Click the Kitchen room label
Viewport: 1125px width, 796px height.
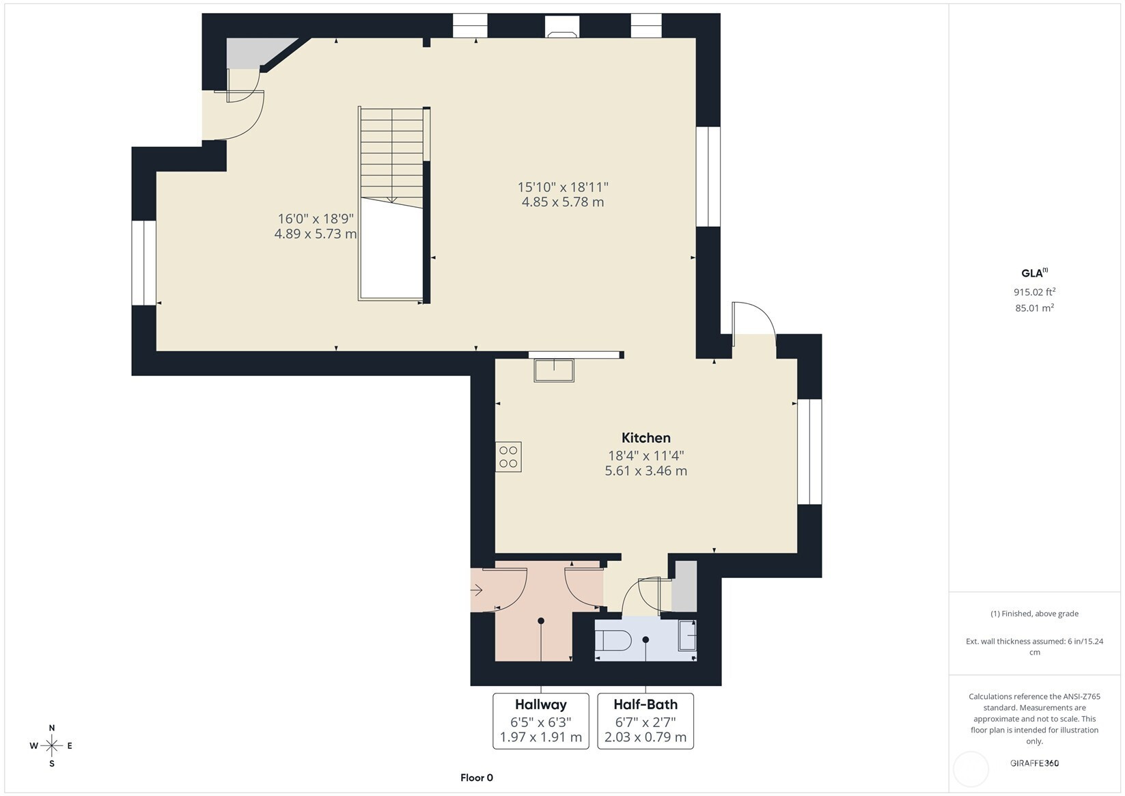coord(646,438)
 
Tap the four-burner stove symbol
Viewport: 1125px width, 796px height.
coord(508,457)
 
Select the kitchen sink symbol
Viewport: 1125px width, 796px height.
coord(554,370)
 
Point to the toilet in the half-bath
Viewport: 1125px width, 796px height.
coord(613,640)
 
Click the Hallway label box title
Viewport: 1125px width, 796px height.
coord(540,704)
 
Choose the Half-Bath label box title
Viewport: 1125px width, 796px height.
coord(645,704)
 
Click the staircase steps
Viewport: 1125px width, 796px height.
coord(392,156)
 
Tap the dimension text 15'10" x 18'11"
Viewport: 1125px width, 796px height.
coord(563,187)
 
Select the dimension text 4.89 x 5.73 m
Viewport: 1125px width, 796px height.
coord(316,234)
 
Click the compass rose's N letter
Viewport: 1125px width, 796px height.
coord(52,728)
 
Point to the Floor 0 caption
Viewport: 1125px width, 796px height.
coord(477,778)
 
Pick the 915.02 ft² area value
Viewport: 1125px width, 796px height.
coord(1035,292)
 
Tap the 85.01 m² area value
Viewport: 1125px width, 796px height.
coord(1035,307)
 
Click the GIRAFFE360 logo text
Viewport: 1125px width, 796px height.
coord(1035,763)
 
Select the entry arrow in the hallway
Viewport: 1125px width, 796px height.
coord(476,590)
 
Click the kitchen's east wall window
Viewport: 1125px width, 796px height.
coord(809,452)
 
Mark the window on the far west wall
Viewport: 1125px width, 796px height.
coord(144,263)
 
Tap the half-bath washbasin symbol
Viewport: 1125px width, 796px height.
coord(688,635)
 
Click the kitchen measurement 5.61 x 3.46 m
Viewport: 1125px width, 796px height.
coord(646,471)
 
